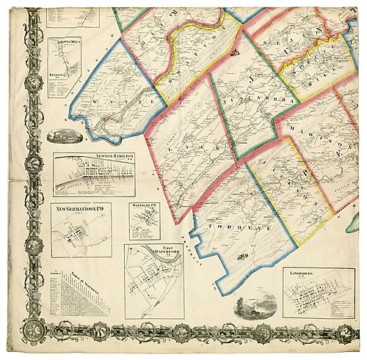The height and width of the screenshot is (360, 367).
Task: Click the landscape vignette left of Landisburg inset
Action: tap(255, 304)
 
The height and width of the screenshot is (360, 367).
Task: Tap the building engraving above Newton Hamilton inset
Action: tap(62, 136)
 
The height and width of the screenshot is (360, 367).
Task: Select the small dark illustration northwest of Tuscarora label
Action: tap(234, 52)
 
